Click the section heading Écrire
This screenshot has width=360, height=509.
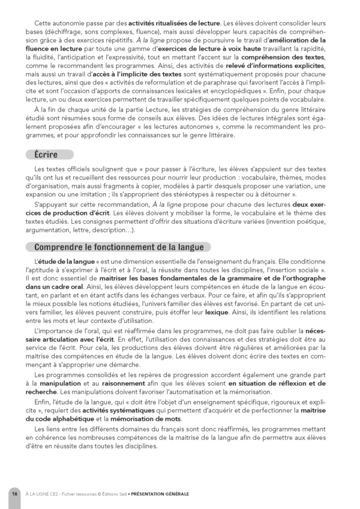pos(46,154)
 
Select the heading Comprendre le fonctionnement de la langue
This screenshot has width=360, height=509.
pos(119,247)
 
